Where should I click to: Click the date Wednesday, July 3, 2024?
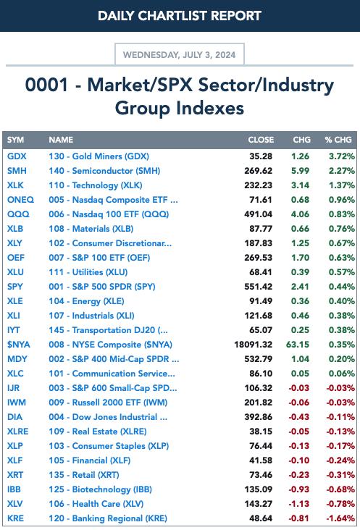[x=179, y=55]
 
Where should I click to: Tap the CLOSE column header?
[x=261, y=140]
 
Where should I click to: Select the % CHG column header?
[x=338, y=140]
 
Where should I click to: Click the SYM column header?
[x=15, y=140]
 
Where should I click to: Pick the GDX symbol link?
[x=17, y=156]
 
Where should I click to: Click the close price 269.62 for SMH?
[x=259, y=171]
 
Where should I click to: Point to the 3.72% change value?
[x=342, y=156]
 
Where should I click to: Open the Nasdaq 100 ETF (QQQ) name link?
[x=109, y=214]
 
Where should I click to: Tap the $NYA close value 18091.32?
[x=254, y=345]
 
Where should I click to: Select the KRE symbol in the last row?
[x=15, y=518]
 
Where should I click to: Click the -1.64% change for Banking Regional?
[x=340, y=518]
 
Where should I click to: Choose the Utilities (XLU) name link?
[x=88, y=272]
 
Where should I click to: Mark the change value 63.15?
[x=298, y=345]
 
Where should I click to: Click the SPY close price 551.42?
[x=259, y=287]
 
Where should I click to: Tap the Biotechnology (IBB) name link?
[x=100, y=489]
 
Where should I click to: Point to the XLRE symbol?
[x=17, y=432]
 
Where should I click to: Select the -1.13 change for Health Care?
[x=299, y=504]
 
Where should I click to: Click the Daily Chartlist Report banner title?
[x=180, y=15]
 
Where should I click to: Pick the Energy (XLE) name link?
[x=86, y=301]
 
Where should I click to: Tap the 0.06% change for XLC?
[x=342, y=374]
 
